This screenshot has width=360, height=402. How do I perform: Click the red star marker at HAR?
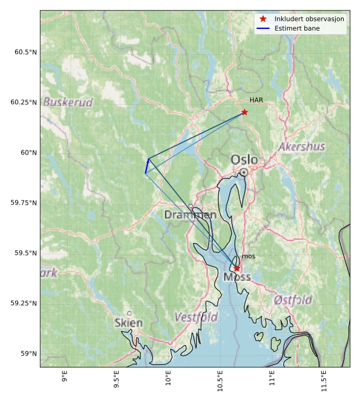tap(244, 112)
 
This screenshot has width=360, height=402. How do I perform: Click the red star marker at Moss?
tap(237, 268)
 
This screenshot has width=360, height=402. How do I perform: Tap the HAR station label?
tap(256, 100)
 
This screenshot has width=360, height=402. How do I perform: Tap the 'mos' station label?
tap(248, 256)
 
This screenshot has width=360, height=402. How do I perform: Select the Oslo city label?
tap(244, 159)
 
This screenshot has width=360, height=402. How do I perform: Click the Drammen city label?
tap(190, 215)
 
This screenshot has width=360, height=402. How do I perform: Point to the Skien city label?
tap(128, 323)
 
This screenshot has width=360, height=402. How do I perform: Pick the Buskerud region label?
tap(68, 102)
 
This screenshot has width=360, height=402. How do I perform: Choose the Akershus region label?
tap(301, 147)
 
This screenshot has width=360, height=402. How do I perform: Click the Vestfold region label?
tap(196, 317)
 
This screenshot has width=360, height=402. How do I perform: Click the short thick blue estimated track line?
tap(147, 166)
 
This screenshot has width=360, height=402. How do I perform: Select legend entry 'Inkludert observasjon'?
tap(309, 19)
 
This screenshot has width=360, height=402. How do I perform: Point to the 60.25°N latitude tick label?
tap(23, 103)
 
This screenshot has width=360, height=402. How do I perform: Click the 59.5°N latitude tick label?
tap(25, 253)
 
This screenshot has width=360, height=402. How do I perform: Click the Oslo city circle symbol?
tap(244, 172)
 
